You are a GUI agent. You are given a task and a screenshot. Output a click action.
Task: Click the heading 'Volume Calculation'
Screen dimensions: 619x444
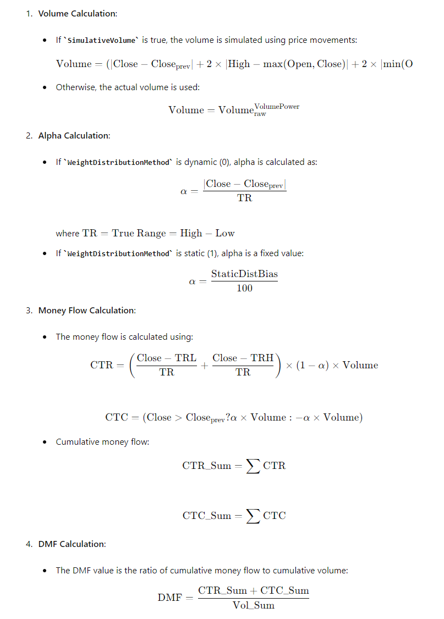78,13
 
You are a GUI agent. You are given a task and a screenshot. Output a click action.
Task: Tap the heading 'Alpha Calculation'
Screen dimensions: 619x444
74,135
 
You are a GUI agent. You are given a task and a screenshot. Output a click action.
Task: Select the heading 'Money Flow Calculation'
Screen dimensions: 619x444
87,311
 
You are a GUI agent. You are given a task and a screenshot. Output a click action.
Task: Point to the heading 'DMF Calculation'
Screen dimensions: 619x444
72,544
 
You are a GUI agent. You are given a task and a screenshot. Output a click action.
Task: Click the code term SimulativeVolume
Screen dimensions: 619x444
103,40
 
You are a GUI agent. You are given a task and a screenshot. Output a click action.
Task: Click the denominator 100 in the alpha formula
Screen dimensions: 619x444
244,288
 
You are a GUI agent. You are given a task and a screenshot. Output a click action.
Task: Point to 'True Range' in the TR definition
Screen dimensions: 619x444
139,233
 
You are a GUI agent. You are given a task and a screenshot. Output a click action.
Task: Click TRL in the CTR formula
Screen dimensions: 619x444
185,358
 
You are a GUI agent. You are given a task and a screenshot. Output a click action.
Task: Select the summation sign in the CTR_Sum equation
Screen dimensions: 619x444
253,466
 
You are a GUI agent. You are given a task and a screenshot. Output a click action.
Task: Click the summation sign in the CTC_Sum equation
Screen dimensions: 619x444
253,516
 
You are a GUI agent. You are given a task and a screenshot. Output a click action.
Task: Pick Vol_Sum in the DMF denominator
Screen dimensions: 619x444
253,605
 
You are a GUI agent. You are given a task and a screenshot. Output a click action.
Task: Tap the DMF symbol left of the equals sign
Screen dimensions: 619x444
169,598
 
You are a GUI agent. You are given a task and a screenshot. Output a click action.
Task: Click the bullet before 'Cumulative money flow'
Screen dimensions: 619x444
45,442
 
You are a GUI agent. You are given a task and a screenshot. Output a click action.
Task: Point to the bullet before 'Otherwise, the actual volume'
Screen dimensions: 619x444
45,87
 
